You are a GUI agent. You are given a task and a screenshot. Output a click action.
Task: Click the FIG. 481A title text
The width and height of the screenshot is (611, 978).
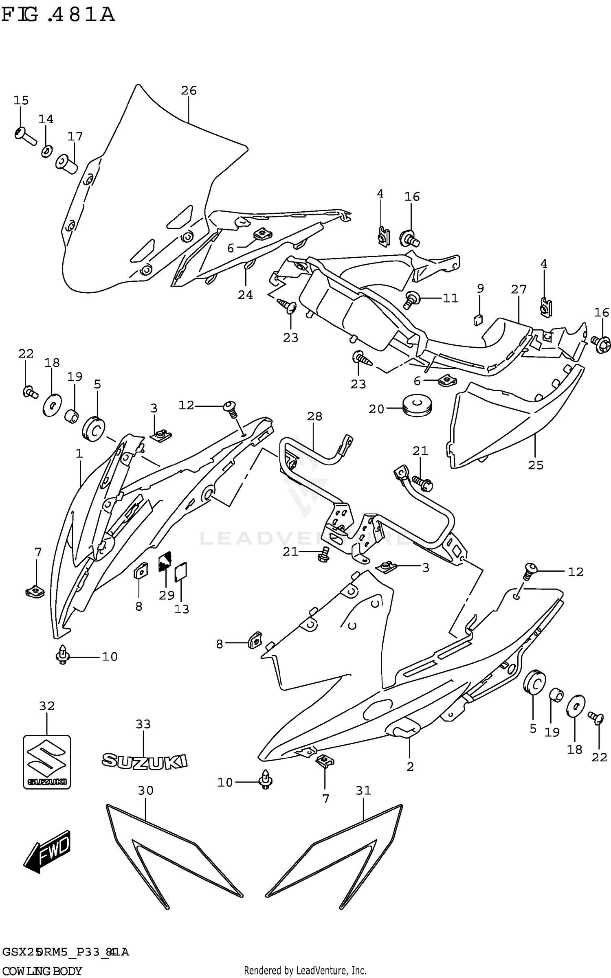pyautogui.click(x=58, y=15)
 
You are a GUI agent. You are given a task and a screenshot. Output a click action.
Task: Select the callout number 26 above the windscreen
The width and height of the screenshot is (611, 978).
pyautogui.click(x=189, y=90)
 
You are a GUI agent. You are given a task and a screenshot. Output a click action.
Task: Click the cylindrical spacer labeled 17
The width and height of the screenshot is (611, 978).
pyautogui.click(x=66, y=164)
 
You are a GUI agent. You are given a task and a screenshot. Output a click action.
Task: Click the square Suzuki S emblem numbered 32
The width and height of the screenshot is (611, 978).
pyautogui.click(x=47, y=761)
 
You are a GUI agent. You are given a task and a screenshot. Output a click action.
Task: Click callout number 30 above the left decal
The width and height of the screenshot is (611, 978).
pyautogui.click(x=145, y=790)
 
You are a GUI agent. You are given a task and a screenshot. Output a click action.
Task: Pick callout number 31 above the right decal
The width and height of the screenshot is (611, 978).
pyautogui.click(x=363, y=790)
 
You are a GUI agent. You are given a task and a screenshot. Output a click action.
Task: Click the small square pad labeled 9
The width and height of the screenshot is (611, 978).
pyautogui.click(x=479, y=320)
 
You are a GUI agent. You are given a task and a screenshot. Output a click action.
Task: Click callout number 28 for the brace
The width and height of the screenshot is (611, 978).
pyautogui.click(x=315, y=416)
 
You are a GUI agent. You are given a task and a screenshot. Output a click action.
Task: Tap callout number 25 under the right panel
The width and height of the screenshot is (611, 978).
pyautogui.click(x=536, y=465)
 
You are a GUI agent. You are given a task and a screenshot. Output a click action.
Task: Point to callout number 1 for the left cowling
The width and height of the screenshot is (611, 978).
pyautogui.click(x=79, y=453)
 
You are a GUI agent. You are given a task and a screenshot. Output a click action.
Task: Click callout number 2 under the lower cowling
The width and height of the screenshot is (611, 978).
pyautogui.click(x=410, y=767)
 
